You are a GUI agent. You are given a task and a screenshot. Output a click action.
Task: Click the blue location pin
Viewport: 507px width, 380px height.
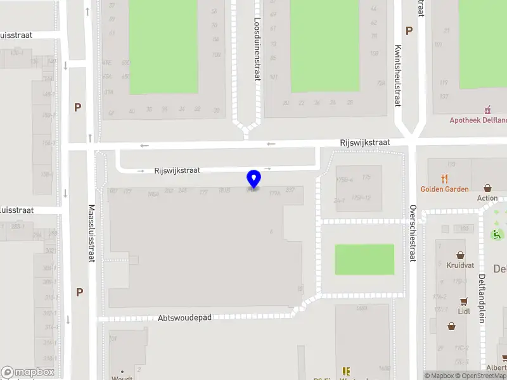click(x=253, y=179)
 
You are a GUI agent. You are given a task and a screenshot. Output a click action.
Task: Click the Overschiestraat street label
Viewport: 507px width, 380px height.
click(x=412, y=233)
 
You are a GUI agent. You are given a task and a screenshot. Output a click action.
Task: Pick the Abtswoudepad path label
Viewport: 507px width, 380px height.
click(x=184, y=318)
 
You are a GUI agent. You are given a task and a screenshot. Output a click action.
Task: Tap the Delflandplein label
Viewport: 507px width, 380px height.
click(x=482, y=298)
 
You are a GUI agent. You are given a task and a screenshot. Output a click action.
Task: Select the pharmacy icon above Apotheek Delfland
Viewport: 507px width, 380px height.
click(x=487, y=109)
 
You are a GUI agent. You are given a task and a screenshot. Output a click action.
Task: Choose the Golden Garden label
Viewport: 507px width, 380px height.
click(x=445, y=189)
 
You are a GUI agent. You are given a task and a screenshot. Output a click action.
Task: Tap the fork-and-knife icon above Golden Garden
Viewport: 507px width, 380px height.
click(x=444, y=178)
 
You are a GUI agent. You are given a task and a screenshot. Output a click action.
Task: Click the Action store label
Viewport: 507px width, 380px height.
click(x=487, y=198)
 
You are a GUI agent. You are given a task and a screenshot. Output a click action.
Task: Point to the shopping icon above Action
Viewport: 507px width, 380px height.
click(x=487, y=187)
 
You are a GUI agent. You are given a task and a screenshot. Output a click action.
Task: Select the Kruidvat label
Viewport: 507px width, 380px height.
click(x=460, y=265)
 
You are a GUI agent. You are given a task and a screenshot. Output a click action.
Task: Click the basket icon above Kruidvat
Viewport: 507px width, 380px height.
click(x=461, y=255)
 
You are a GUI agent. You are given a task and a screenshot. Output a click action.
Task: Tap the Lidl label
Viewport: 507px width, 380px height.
click(x=465, y=312)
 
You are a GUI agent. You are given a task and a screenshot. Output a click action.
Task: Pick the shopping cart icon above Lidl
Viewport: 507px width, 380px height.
click(x=465, y=301)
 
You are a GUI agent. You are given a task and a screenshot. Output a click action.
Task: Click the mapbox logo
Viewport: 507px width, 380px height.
click(x=28, y=372)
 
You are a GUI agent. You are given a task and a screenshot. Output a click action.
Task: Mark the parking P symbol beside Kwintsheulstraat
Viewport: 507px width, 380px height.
click(x=409, y=30)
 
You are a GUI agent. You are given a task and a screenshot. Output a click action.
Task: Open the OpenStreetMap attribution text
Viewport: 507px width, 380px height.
click(x=482, y=376)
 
